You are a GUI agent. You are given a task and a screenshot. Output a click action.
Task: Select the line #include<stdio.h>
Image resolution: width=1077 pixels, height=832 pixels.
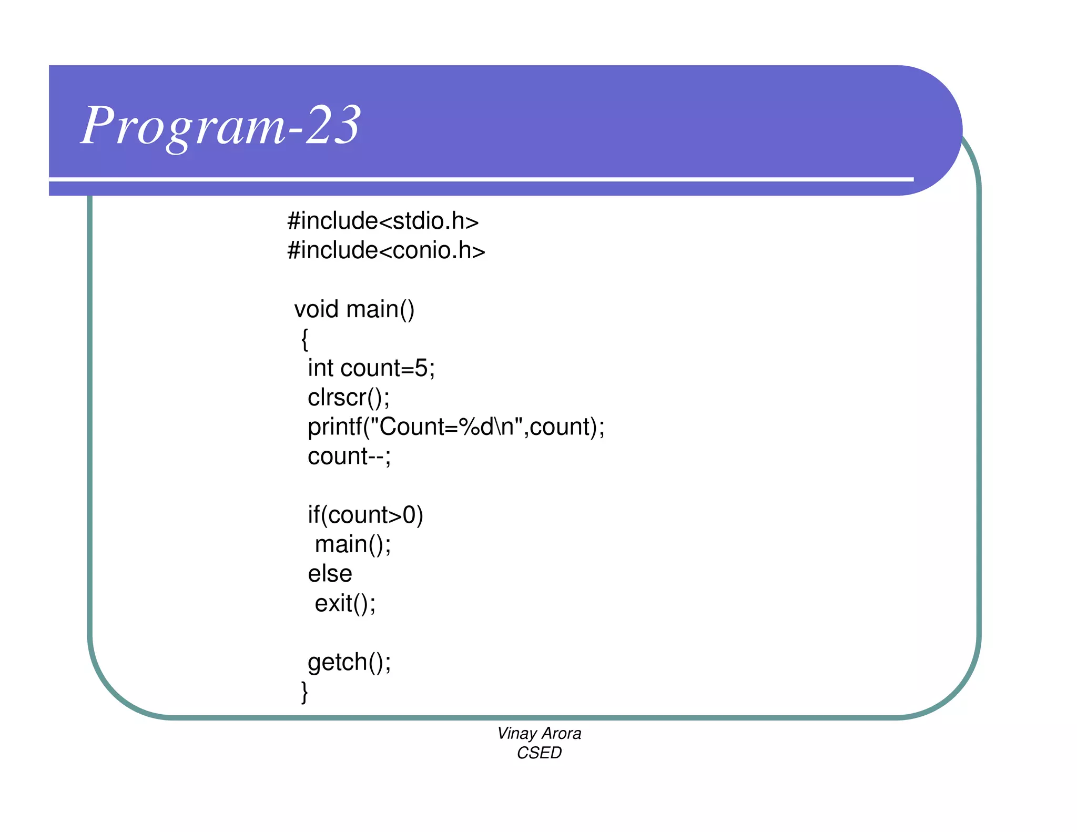[383, 221]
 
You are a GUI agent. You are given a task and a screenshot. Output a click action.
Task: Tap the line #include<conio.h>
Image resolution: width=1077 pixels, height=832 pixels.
[386, 250]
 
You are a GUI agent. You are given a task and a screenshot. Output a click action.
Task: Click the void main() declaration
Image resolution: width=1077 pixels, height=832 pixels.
[354, 309]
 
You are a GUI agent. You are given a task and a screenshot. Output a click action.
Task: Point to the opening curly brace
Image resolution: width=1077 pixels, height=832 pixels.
[304, 339]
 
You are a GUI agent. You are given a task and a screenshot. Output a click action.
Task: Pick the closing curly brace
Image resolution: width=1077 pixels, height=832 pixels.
[304, 692]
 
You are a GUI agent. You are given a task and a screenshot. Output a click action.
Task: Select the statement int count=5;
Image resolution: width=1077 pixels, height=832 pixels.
[371, 368]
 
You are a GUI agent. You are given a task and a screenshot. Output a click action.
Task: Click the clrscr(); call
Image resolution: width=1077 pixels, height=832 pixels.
[349, 398]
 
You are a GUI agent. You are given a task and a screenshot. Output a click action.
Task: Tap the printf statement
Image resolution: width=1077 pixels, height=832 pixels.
[456, 427]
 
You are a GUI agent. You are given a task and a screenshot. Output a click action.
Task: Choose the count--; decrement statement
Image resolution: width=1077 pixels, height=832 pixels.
[349, 456]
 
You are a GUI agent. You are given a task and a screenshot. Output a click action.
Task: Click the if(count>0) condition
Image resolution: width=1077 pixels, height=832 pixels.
[365, 515]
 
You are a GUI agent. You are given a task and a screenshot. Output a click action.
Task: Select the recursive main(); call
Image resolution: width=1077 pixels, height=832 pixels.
[353, 544]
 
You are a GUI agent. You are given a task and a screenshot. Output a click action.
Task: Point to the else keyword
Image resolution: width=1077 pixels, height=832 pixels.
[330, 574]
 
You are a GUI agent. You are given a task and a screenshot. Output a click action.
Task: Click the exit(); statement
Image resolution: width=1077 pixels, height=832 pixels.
[345, 603]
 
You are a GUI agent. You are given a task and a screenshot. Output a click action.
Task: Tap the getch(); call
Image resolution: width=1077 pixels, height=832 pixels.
[349, 662]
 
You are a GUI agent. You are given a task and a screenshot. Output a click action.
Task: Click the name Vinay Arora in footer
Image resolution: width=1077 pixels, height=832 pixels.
[539, 734]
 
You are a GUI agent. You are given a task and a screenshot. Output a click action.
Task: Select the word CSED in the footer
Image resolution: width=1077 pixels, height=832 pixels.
[539, 753]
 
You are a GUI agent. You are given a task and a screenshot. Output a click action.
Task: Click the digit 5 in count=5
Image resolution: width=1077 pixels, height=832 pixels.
[421, 368]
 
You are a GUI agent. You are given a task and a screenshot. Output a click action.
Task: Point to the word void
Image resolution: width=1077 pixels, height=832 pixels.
[316, 309]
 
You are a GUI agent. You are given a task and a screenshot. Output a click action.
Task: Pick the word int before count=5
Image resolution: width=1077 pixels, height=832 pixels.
[320, 368]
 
